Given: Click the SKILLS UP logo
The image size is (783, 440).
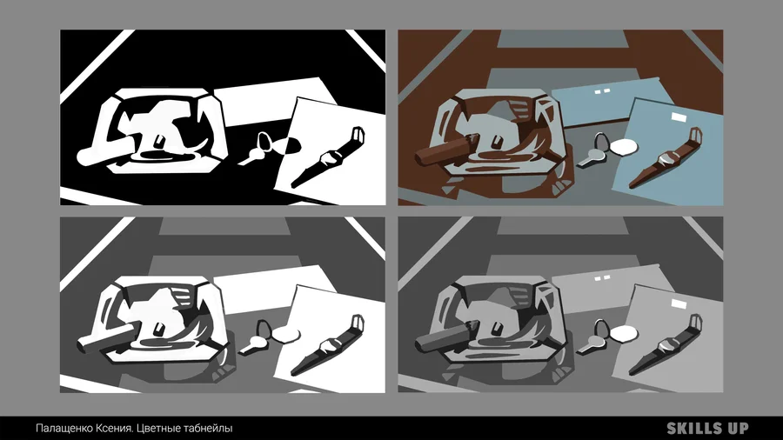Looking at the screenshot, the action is tap(707, 428).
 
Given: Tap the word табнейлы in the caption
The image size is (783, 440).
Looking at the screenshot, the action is tap(208, 428).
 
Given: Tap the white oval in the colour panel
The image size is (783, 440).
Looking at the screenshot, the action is tap(625, 147).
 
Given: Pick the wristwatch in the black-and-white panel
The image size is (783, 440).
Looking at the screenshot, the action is tap(329, 157).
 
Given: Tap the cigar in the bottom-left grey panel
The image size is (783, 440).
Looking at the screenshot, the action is tap(106, 337).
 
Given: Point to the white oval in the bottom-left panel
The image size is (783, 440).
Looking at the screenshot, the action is tap(286, 334).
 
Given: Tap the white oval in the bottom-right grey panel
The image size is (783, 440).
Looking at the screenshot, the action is tap(625, 333).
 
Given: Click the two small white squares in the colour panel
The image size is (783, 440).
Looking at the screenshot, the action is tap(603, 90).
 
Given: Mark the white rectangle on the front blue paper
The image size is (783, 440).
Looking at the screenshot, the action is tap(679, 117).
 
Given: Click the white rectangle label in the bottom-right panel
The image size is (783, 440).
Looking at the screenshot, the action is tap(679, 303).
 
